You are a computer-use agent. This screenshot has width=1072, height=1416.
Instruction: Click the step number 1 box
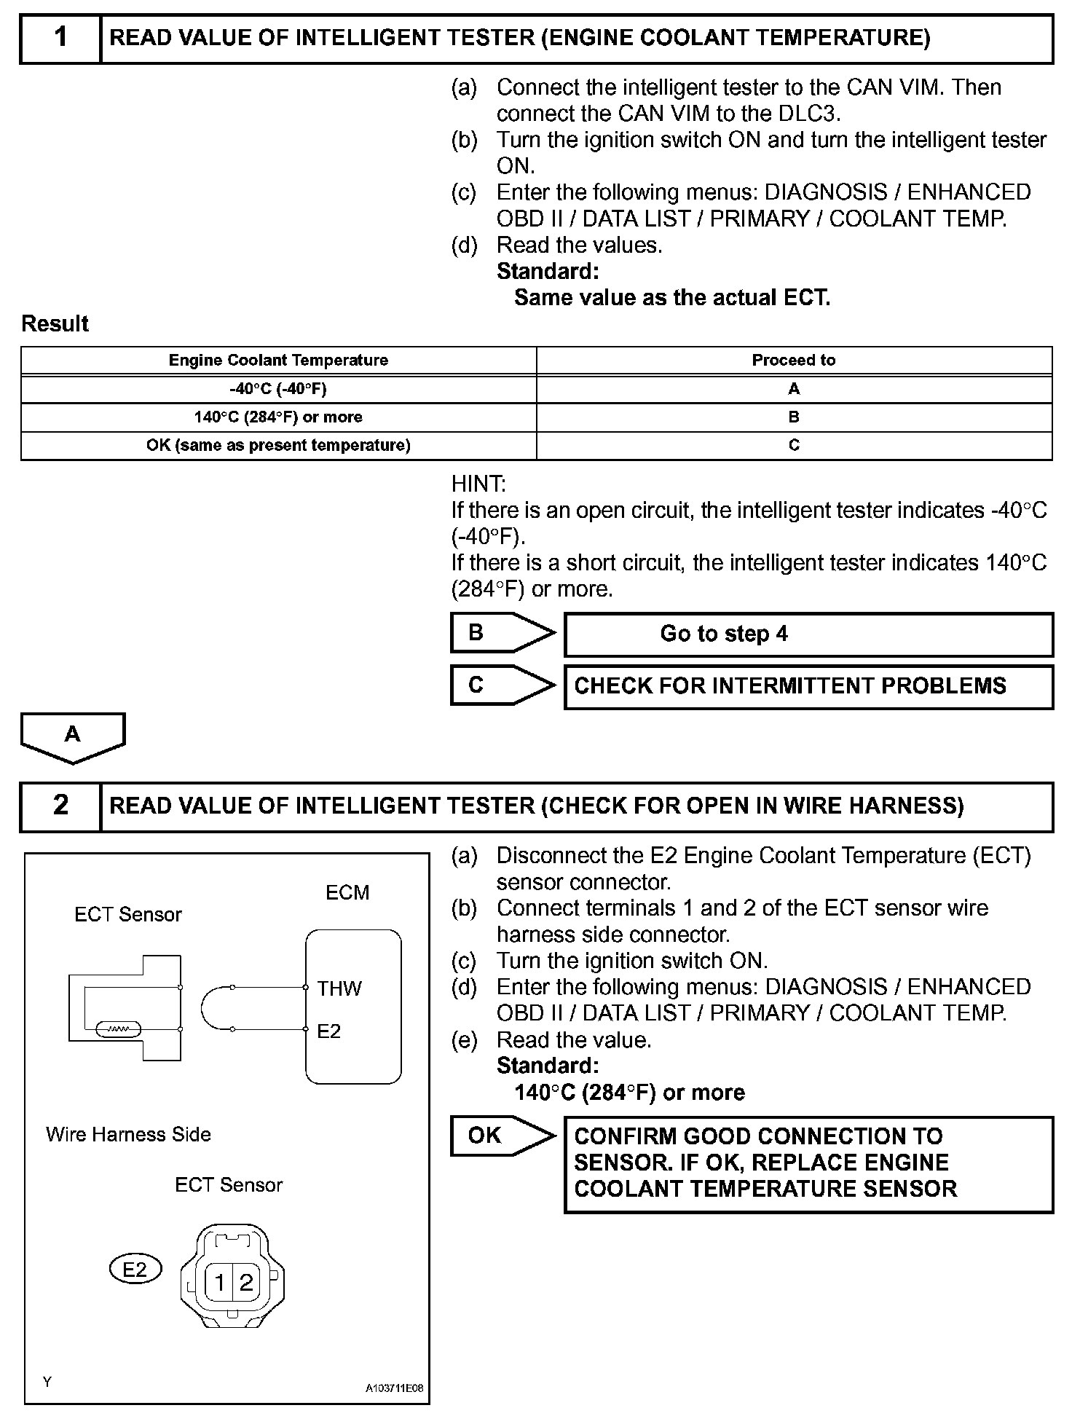(x=60, y=38)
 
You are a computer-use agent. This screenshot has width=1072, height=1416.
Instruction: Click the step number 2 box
(x=60, y=806)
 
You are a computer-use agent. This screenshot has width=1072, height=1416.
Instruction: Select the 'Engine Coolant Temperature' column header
(x=278, y=360)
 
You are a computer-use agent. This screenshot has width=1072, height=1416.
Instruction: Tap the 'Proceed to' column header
(x=793, y=360)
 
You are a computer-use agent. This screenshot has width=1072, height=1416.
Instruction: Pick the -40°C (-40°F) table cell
(x=278, y=389)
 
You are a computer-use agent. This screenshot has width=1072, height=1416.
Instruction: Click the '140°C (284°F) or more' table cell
(x=278, y=417)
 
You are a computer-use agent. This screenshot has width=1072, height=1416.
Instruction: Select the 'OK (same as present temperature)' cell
(x=278, y=445)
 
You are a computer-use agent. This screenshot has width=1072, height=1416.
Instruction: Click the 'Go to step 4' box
(x=808, y=634)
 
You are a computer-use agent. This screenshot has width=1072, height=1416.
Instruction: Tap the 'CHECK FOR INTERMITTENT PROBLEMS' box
(x=808, y=686)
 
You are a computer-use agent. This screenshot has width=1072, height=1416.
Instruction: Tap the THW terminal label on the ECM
(x=339, y=988)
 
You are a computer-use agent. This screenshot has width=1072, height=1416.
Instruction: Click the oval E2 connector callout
(x=135, y=1270)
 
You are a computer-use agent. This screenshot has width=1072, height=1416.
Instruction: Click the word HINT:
(x=478, y=484)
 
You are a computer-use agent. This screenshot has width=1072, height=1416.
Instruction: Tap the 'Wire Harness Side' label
(x=128, y=1134)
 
